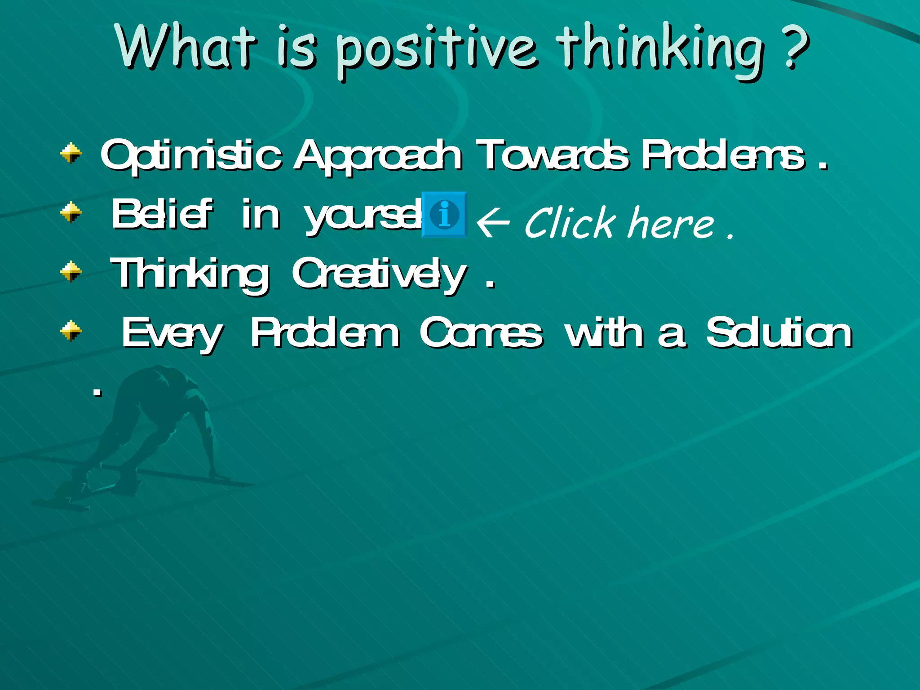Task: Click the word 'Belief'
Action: pyautogui.click(x=162, y=215)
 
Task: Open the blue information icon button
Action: pyautogui.click(x=444, y=215)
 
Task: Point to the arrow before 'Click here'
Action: pyautogui.click(x=493, y=222)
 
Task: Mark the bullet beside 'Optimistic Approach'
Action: pyautogui.click(x=71, y=153)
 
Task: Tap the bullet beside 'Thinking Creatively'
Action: pyautogui.click(x=71, y=271)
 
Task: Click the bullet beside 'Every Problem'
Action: pyautogui.click(x=71, y=331)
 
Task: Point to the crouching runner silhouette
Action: pyautogui.click(x=144, y=431)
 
